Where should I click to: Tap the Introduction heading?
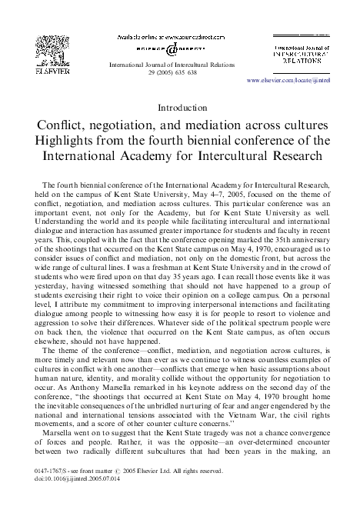pos(180,107)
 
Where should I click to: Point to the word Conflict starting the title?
pos(61,125)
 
